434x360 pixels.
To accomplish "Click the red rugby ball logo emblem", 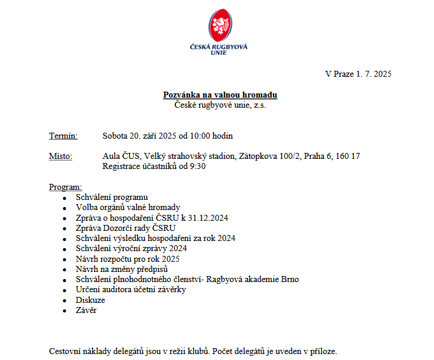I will (219, 25).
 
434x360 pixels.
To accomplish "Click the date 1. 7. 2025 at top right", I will (373, 74).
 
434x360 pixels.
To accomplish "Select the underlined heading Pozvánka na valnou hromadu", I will (220, 95).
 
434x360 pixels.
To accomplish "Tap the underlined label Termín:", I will (63, 136).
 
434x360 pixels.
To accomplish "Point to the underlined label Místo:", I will (61, 156).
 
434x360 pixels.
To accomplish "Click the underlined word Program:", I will (65, 187).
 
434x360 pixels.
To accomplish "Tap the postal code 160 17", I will (348, 156).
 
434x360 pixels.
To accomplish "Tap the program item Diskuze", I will (90, 300).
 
